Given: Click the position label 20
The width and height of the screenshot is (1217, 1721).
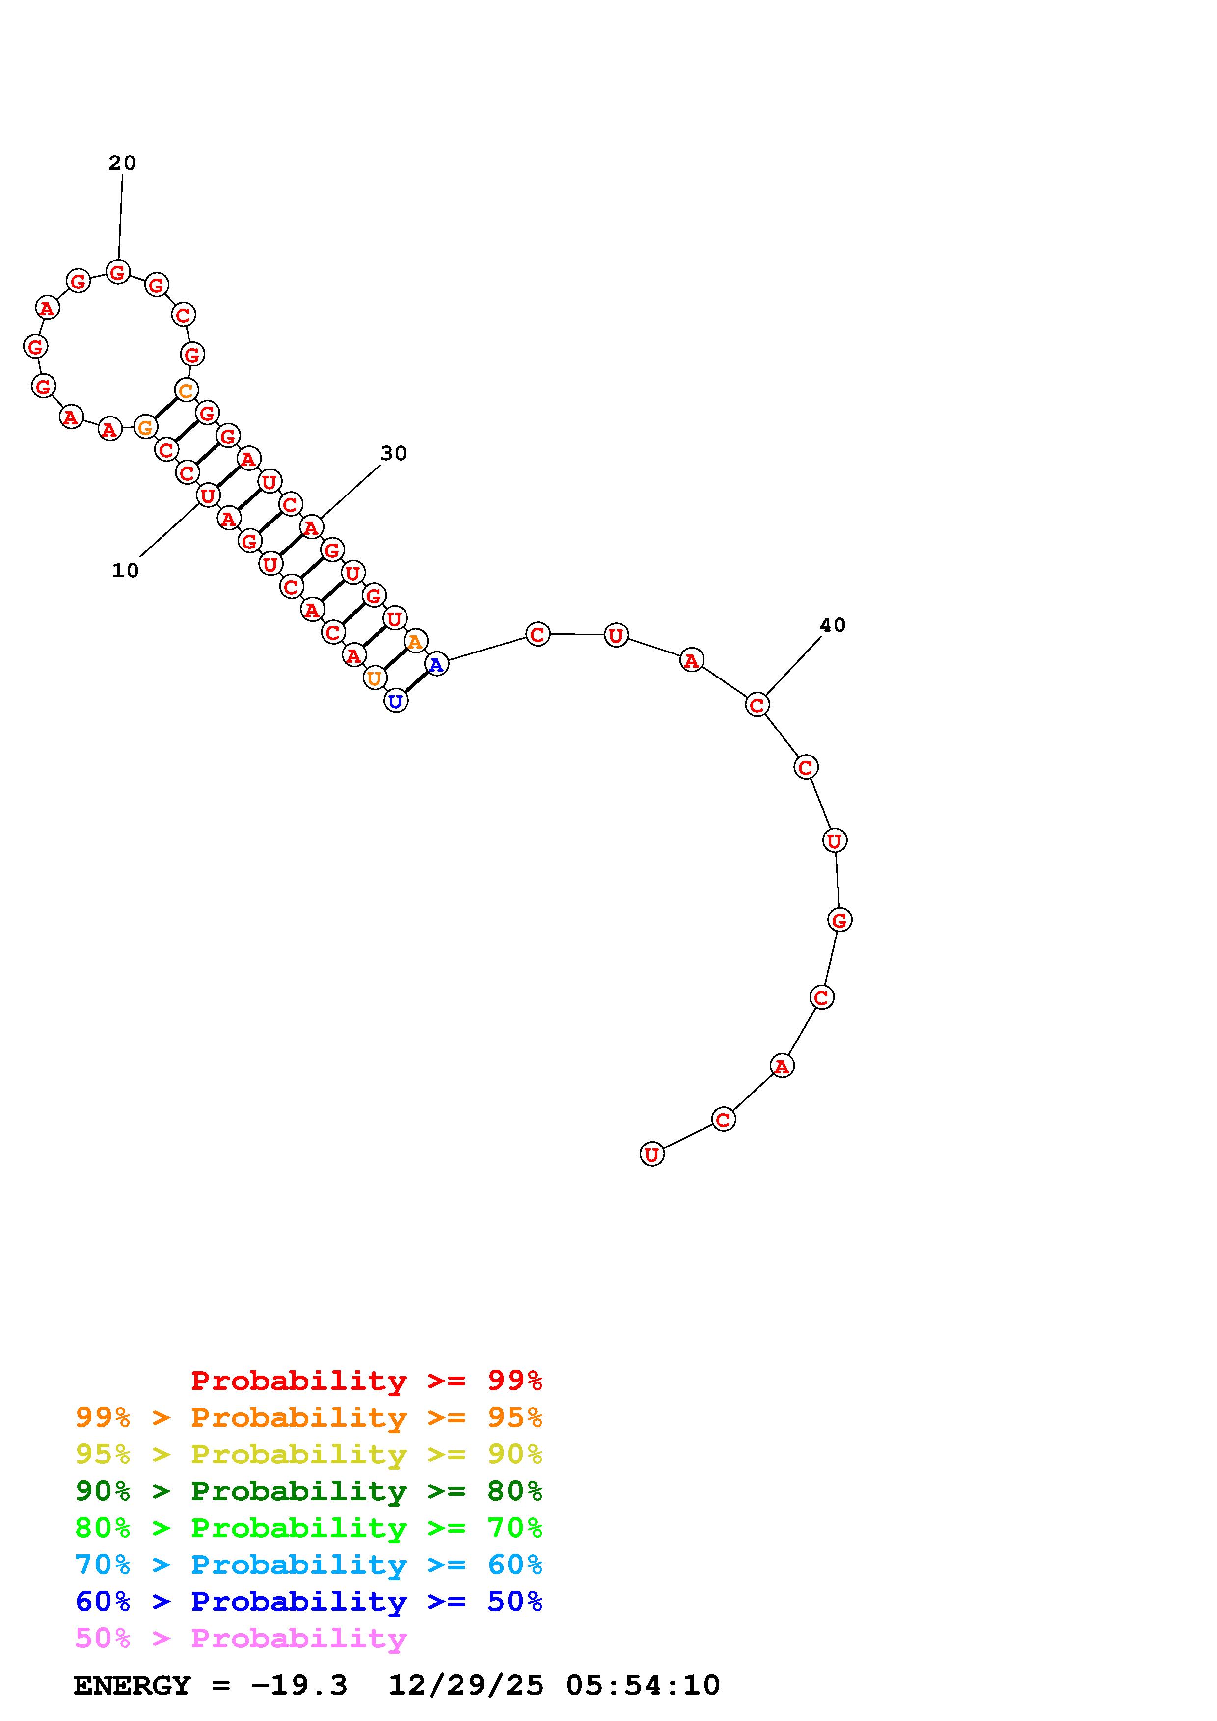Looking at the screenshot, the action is coord(122,163).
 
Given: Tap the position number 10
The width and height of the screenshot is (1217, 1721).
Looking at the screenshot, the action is coord(125,571).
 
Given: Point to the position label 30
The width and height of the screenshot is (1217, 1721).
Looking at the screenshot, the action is coord(394,453).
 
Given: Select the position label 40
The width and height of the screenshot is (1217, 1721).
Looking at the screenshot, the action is coord(832,625).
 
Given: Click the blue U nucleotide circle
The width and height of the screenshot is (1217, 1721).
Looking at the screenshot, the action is coord(396,702).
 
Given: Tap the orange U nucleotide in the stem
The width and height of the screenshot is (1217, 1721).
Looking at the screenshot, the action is coord(374,678).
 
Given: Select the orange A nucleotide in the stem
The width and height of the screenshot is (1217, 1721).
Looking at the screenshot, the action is coord(415,641).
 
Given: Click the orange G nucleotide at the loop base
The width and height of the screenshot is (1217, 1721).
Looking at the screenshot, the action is coord(145,427).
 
